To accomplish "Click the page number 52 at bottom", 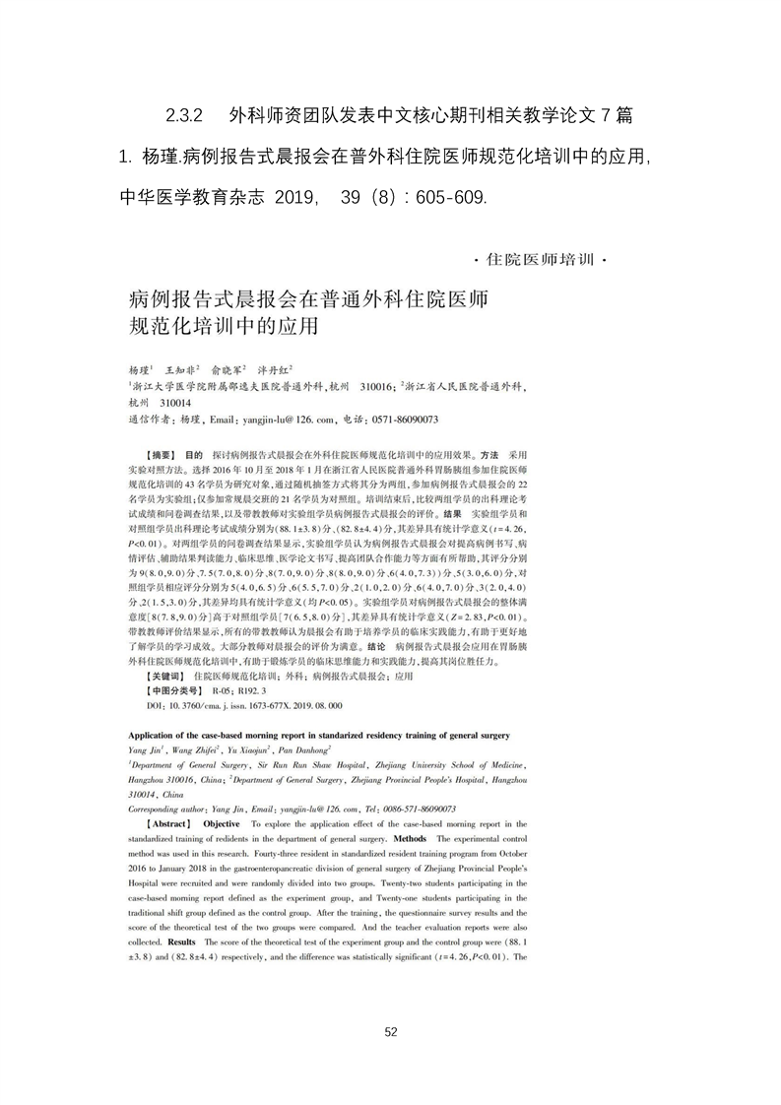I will coord(390,1031).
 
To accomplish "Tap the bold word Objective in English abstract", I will coord(222,822).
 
